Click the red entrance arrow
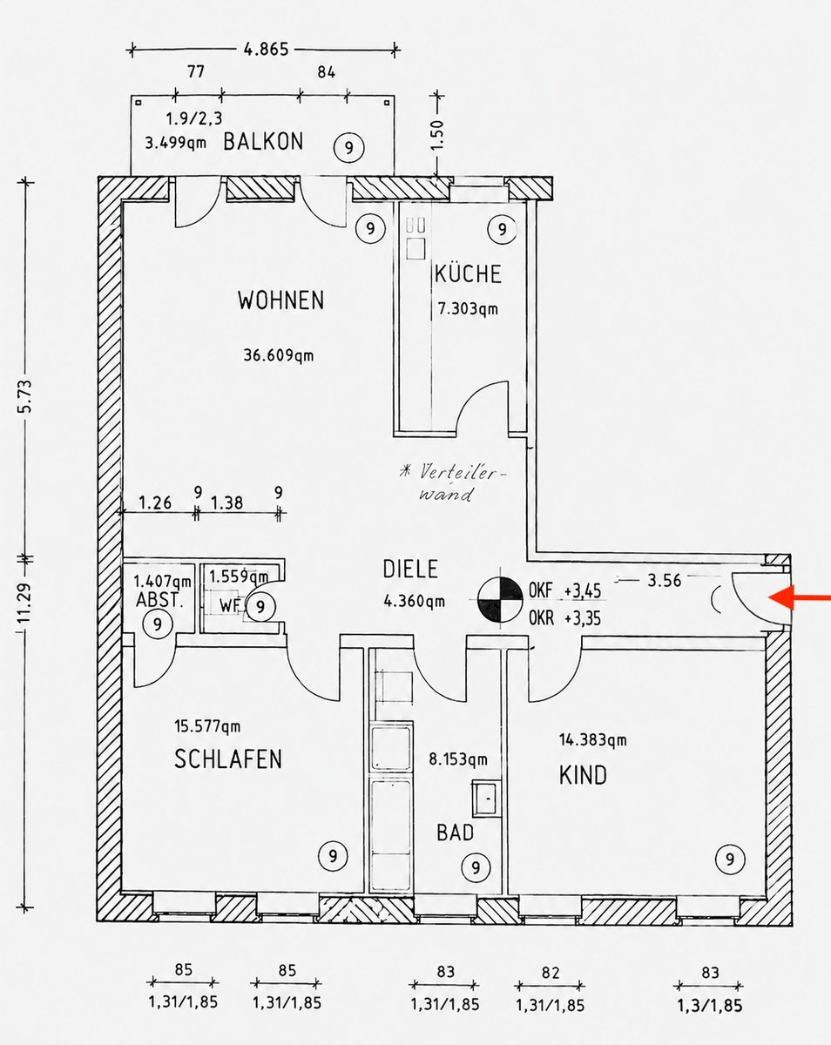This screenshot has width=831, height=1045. (799, 597)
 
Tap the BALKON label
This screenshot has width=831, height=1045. (263, 142)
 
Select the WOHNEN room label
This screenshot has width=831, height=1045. (281, 300)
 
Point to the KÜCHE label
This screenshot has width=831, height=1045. (468, 273)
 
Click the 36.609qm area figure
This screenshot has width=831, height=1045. (278, 355)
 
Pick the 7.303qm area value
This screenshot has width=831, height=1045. (468, 309)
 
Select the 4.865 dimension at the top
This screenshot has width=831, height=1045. (266, 49)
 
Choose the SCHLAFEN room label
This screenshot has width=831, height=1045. (228, 759)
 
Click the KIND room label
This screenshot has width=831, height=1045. (583, 775)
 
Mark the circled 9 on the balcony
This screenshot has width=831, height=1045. (348, 147)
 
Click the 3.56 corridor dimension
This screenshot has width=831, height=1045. (665, 580)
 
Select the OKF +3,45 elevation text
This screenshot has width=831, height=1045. (564, 591)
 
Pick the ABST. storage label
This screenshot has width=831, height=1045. (159, 600)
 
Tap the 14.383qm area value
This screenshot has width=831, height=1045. (592, 739)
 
